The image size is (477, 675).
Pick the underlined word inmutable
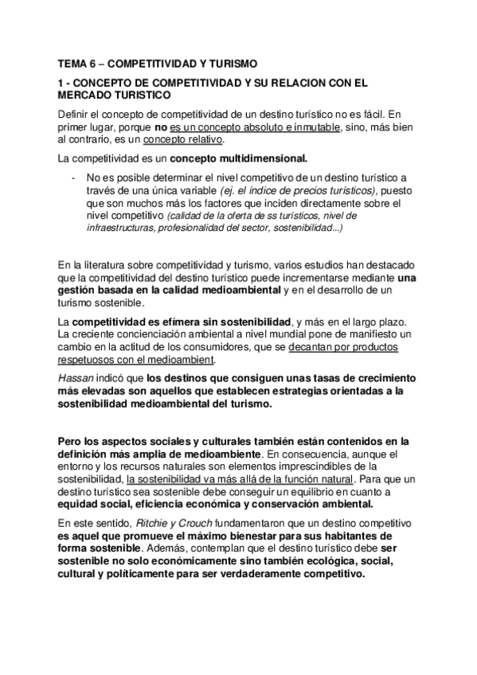pyautogui.click(x=315, y=126)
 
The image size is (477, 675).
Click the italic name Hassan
pyautogui.click(x=76, y=378)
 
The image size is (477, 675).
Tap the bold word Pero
pyautogui.click(x=72, y=441)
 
